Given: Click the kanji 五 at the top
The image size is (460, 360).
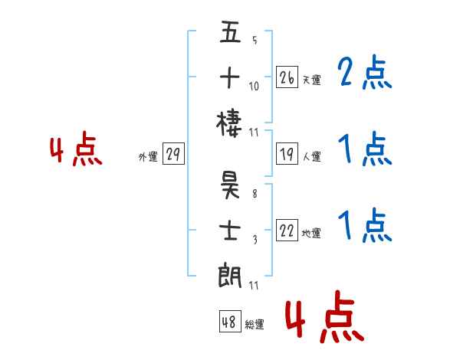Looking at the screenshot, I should coord(230,34).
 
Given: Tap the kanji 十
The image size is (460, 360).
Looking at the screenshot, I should coord(230,77).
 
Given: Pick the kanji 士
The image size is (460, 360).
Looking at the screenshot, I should coord(230,230).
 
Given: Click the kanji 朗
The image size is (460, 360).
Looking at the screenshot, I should coord(230,273).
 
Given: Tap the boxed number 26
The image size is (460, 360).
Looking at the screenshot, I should coord(287,77).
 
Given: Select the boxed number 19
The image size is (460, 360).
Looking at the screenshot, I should coord(287,154).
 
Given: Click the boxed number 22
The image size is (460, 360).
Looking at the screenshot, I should coord(287,231).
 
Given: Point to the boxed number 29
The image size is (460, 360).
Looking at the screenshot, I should coord(172,155).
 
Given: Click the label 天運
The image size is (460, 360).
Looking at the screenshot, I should coord(311,80).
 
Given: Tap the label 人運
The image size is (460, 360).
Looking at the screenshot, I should coord(311,156).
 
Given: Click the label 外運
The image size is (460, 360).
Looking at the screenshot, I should coord(148,157).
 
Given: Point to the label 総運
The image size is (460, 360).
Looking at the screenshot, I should coord(255,325).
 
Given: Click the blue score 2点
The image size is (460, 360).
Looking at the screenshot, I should coord(364,74).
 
